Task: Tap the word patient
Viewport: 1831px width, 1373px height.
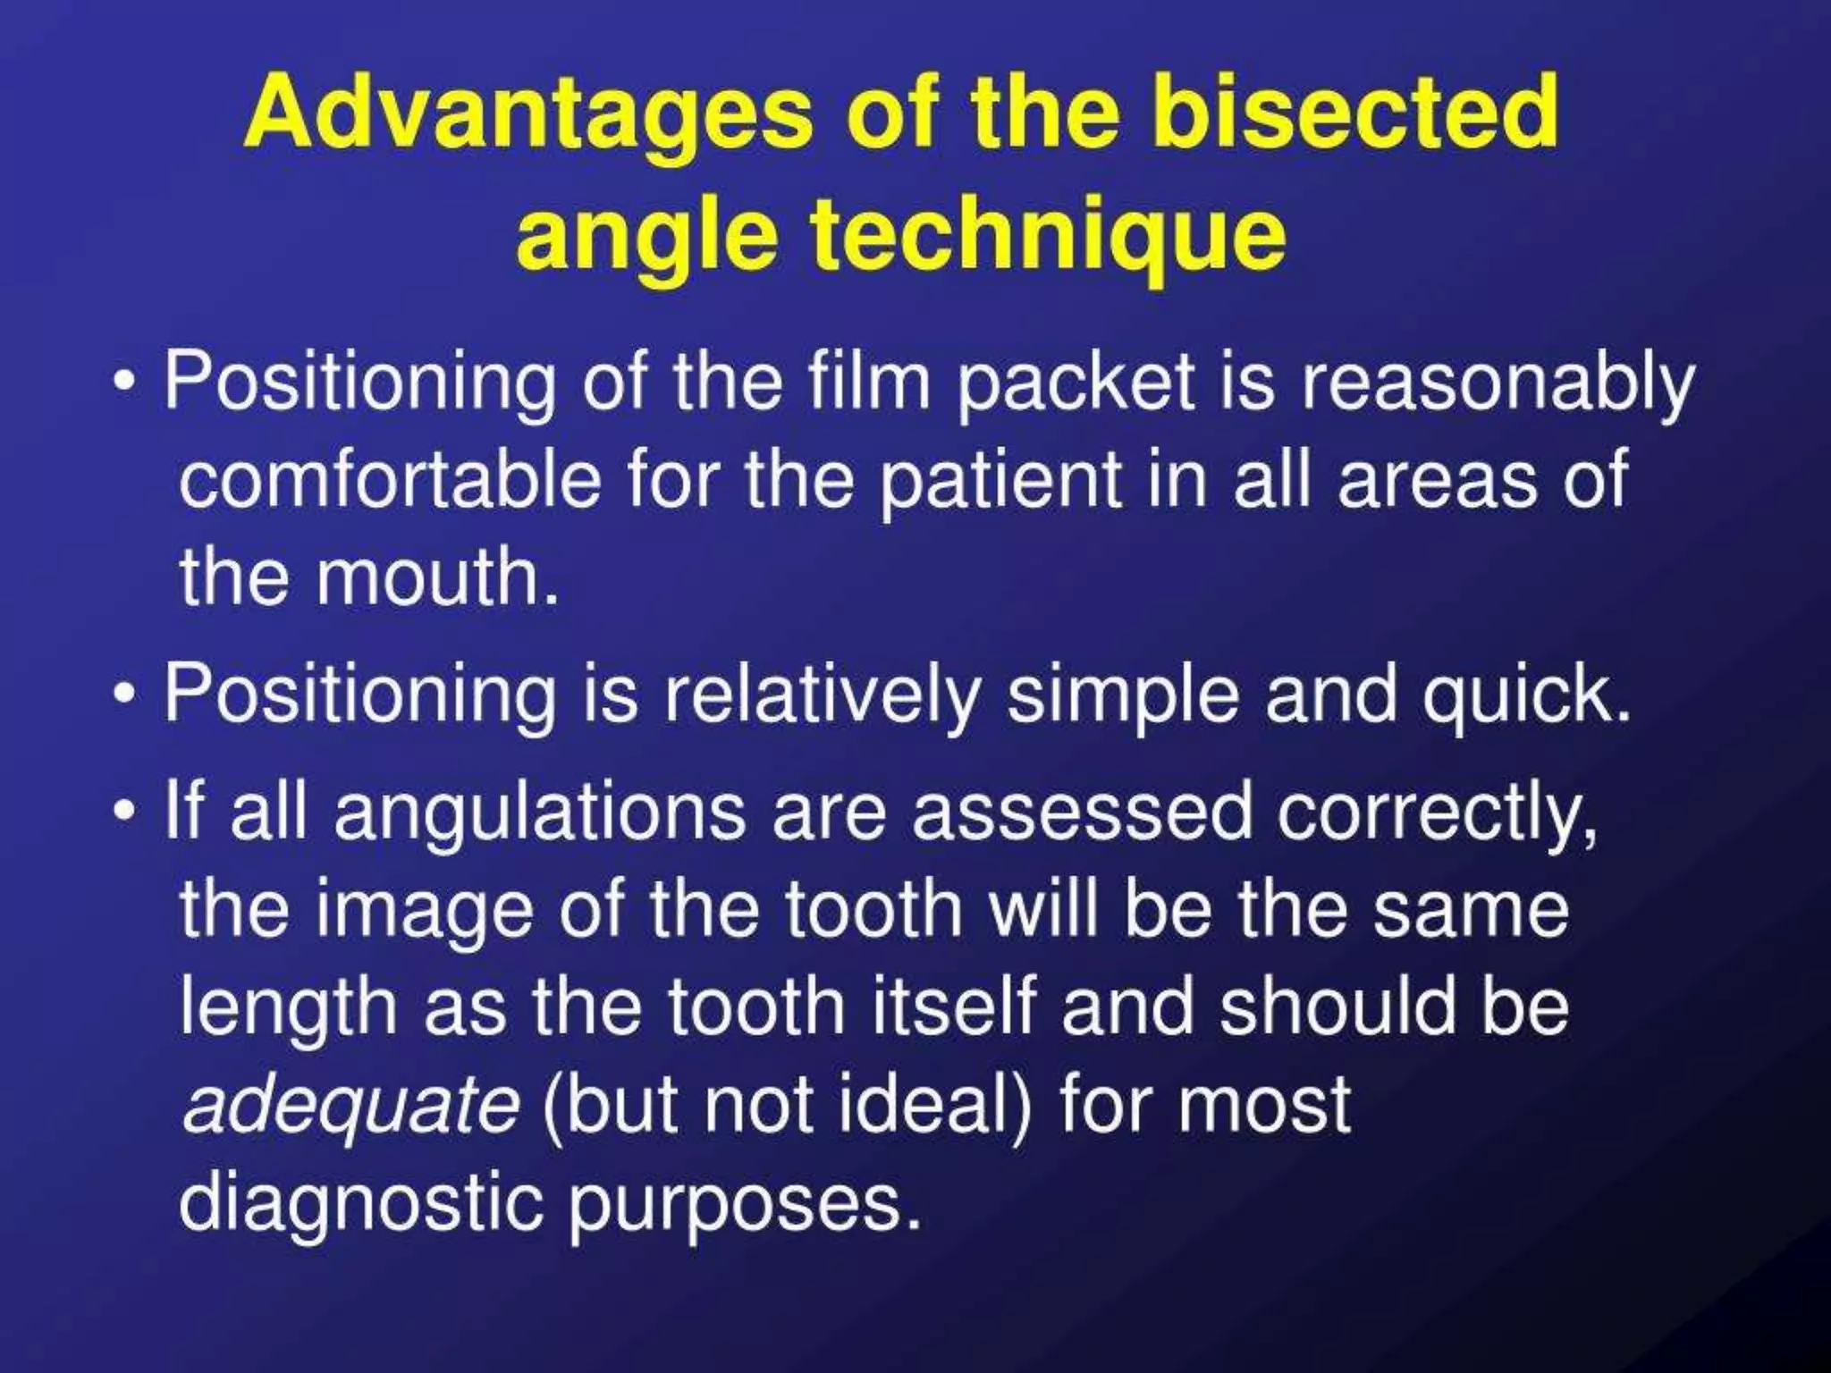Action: [x=1000, y=481]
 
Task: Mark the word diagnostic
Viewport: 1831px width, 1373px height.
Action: [x=360, y=1202]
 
